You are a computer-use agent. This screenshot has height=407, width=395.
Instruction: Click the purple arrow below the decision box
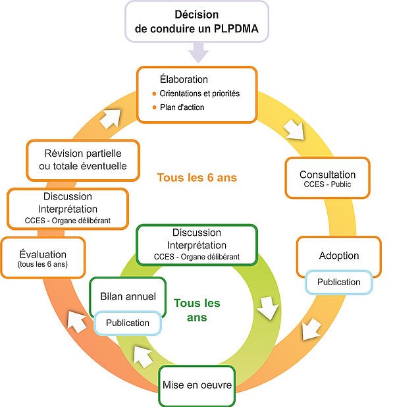197,52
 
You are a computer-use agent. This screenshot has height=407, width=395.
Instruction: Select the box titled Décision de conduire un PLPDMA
197,22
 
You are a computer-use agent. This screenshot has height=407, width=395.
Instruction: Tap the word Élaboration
184,80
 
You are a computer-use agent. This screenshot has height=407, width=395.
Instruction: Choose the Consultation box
327,178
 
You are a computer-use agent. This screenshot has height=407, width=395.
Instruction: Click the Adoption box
338,255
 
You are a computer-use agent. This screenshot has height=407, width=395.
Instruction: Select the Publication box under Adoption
338,282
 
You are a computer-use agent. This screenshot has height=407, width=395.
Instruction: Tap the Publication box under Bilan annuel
128,323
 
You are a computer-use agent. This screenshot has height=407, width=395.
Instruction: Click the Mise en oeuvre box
197,385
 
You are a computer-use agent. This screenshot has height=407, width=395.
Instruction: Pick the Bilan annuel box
124,297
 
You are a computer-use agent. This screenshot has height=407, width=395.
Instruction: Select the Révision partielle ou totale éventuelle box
83,159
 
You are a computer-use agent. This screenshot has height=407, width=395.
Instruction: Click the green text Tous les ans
196,310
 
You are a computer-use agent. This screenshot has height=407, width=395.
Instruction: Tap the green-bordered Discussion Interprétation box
196,244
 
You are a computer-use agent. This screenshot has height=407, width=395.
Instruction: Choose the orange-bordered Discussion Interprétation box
68,209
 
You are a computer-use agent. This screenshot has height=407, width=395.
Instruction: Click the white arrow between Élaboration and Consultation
294,129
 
